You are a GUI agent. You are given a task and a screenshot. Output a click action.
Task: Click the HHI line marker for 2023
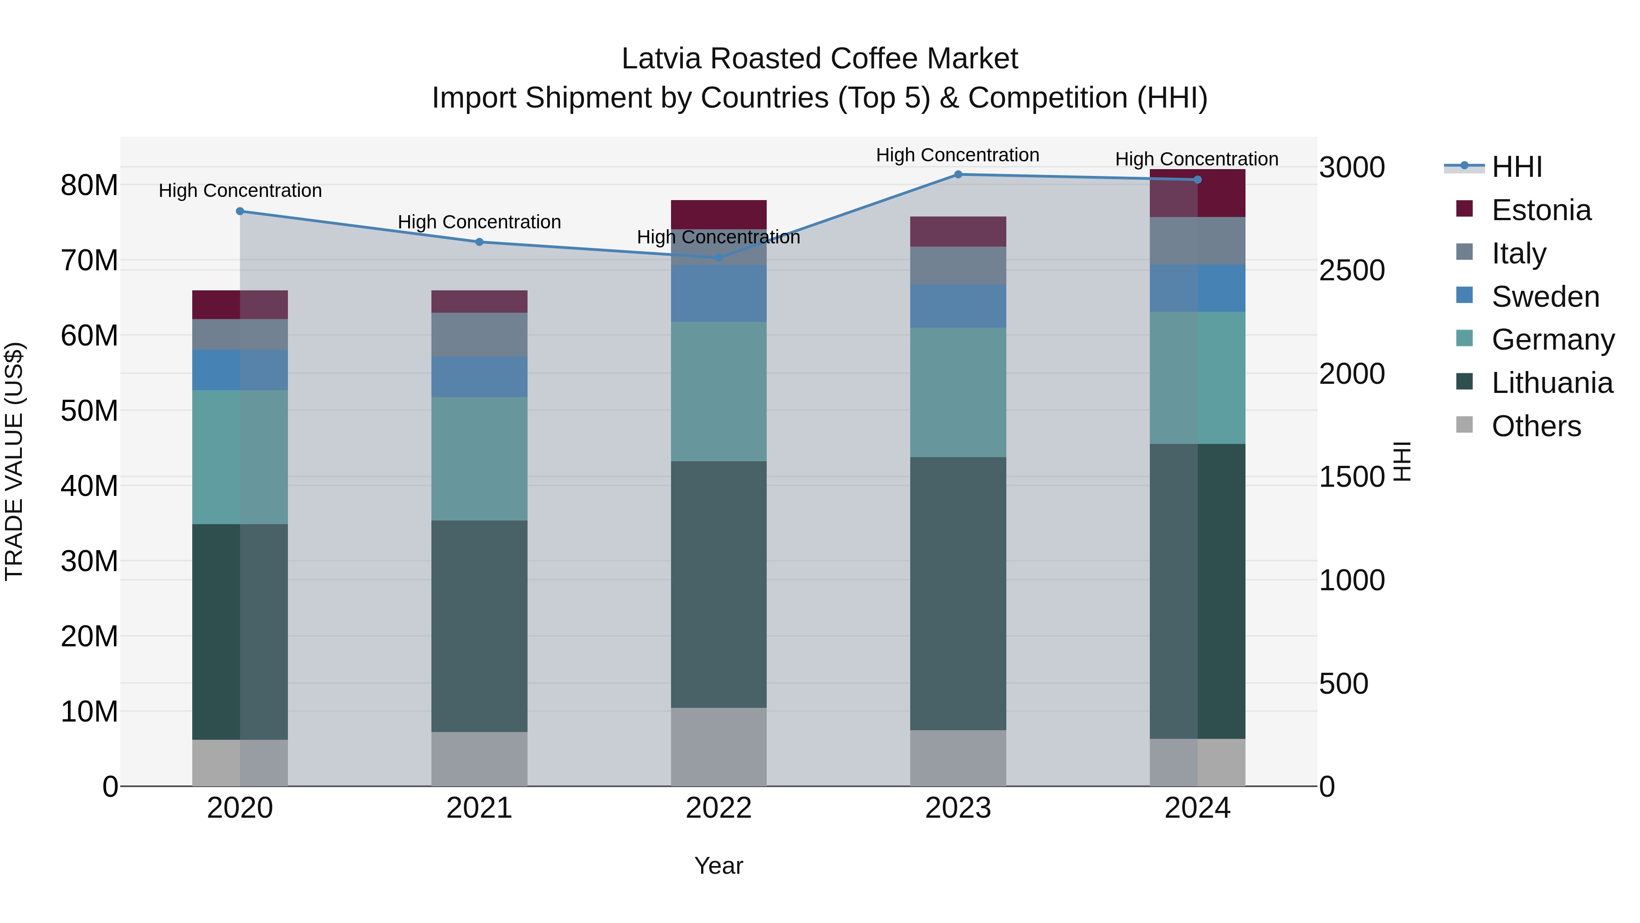tap(958, 175)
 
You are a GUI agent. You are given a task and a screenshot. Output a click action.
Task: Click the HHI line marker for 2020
tap(240, 211)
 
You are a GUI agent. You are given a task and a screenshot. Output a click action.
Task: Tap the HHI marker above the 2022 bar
tap(719, 258)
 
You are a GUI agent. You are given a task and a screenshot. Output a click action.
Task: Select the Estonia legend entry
tap(1541, 210)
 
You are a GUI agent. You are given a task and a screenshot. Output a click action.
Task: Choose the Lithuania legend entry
tap(1552, 383)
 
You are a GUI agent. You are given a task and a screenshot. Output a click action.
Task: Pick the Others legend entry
tap(1536, 426)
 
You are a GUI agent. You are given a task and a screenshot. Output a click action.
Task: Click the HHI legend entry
tap(1517, 167)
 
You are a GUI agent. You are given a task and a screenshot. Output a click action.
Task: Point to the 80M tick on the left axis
tap(89, 186)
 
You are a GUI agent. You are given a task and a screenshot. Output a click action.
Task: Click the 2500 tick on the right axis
tap(1352, 271)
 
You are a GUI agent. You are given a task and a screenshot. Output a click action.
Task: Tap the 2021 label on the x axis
tap(479, 808)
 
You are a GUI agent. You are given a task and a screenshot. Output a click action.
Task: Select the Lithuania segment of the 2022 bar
tap(719, 584)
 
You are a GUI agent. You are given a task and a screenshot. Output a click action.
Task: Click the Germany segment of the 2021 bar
tap(479, 459)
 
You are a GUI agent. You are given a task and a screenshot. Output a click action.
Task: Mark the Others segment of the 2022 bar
tap(719, 747)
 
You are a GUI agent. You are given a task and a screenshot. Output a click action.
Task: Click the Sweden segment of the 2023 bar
tap(958, 306)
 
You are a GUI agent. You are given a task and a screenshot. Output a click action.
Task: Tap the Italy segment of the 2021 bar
tap(479, 335)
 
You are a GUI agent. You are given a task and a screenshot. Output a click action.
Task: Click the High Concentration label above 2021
tap(479, 222)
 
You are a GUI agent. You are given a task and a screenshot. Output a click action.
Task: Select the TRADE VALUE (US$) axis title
tap(14, 461)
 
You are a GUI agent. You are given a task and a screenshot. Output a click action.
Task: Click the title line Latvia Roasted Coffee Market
tap(820, 59)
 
